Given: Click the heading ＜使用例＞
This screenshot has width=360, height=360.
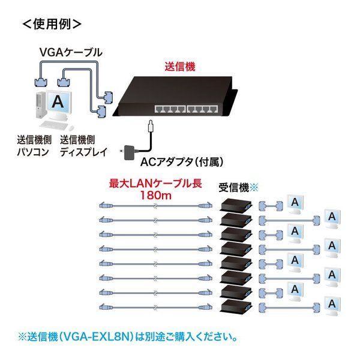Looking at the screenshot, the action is pos(52,24).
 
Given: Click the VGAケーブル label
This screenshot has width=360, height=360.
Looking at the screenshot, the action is pos(71,52).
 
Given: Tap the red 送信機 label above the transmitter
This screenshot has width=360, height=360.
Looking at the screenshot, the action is pos(180,67).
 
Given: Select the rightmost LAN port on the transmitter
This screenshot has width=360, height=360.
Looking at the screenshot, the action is pos(213,109).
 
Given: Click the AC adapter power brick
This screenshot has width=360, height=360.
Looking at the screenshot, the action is pos(130,152).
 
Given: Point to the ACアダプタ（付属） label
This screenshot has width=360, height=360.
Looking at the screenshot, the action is pos(182,162).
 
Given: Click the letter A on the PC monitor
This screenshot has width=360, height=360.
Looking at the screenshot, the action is pos(58,101).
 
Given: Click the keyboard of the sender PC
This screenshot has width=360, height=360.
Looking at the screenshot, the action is pos(55,125).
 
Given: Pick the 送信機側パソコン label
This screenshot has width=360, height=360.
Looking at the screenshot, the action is pos(34,146).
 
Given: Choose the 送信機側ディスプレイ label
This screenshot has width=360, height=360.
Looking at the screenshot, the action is pos(83,146).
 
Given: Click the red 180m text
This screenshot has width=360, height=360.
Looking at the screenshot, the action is pos(155,196).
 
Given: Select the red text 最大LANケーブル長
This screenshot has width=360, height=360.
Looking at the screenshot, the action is pos(155,184).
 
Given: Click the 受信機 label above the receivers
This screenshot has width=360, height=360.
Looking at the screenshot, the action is pos(234,188).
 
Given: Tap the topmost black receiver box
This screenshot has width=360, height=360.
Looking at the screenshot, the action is pos(236,205).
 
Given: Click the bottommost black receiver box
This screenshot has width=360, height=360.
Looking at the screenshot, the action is pos(236,306).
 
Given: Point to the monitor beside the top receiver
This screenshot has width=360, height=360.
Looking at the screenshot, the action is pos(295,204).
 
